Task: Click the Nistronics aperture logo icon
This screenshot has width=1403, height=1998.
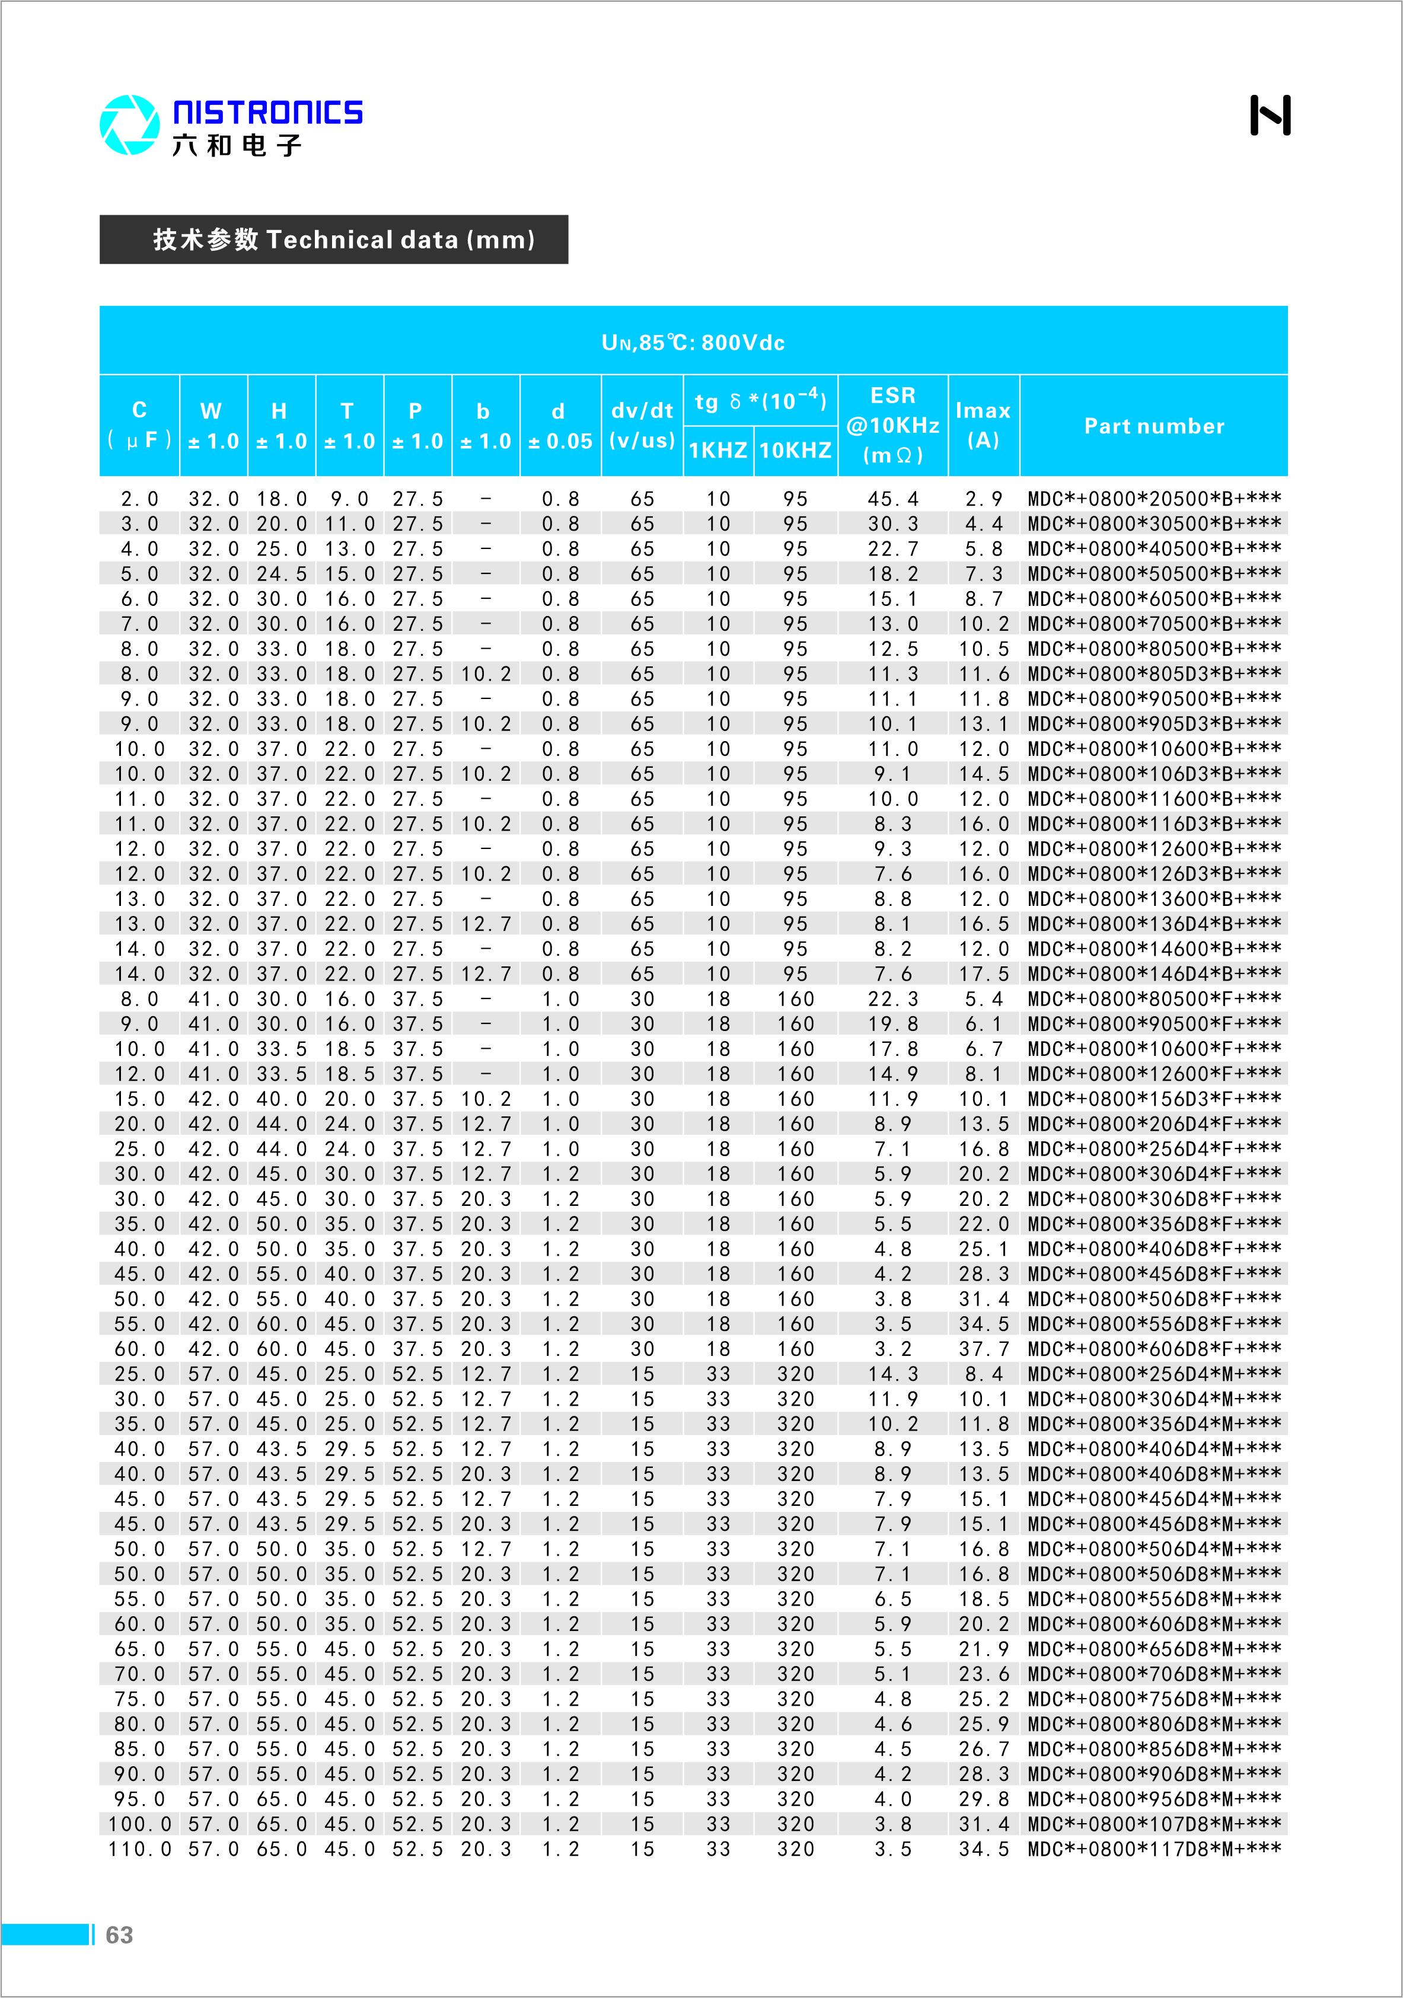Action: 130,125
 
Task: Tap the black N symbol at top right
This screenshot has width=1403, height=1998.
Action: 1270,116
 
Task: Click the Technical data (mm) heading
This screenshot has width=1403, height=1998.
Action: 344,240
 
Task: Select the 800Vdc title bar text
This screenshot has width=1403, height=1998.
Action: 693,342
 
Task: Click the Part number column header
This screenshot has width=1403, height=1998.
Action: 1153,426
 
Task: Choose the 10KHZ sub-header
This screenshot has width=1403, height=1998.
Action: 796,450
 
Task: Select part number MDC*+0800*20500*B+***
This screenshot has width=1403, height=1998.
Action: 1153,499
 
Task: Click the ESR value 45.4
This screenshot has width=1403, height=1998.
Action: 893,499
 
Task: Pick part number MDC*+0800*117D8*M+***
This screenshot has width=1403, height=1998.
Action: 1153,1849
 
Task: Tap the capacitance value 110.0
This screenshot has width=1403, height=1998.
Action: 139,1849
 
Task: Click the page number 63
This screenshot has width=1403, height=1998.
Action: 119,1935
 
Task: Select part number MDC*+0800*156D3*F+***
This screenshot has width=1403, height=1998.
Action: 1153,1099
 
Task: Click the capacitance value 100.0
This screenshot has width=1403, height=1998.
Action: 139,1823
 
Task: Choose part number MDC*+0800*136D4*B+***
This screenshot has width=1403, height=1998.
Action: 1153,923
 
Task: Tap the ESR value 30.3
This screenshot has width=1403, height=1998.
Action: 893,524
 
